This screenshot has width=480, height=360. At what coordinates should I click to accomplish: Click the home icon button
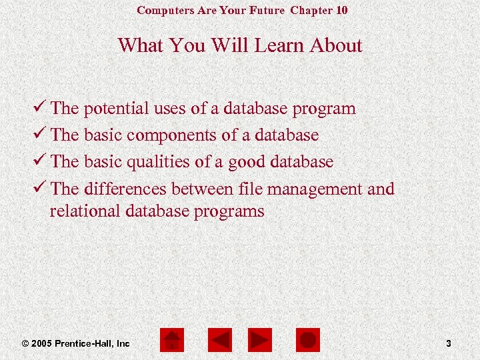click(172, 341)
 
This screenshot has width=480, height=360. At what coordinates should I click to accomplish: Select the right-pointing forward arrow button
click(259, 341)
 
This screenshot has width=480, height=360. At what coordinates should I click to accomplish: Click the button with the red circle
click(308, 341)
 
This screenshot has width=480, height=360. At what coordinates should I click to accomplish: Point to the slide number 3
click(449, 343)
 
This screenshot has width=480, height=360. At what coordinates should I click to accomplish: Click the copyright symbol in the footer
click(25, 343)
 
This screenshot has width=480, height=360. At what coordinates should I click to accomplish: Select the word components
click(171, 135)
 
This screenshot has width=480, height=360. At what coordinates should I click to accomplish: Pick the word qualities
click(157, 161)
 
